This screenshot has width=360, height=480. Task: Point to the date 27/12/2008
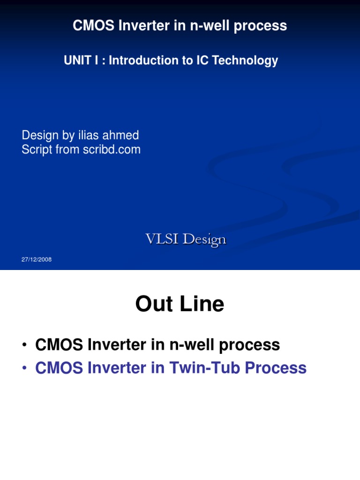pos(37,260)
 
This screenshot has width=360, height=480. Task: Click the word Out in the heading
pos(152,304)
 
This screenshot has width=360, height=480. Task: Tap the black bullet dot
pos(23,345)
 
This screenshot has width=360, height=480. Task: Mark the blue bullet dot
pos(23,368)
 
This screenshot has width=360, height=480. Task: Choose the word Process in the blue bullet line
pos(275,368)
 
